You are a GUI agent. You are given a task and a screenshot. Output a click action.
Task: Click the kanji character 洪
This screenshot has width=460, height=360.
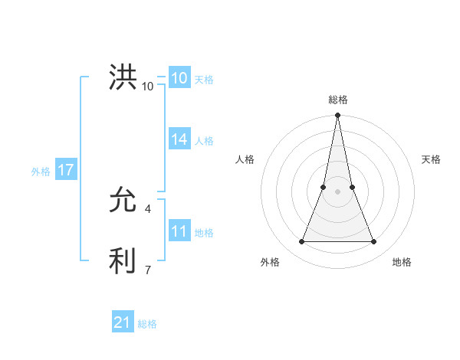123,78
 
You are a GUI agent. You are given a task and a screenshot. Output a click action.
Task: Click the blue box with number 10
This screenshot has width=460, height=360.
179,78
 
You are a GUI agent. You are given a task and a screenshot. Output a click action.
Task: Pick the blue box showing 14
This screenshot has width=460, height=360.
179,139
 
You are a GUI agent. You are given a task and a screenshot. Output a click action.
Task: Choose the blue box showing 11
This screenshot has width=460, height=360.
179,231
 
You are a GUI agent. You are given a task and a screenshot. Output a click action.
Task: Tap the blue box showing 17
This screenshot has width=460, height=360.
66,170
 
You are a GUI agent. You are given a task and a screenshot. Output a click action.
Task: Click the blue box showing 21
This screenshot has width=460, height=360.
123,323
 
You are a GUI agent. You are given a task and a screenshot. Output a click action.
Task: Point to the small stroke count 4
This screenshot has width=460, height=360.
147,208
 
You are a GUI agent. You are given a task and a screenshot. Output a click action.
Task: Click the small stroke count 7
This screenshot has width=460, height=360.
147,270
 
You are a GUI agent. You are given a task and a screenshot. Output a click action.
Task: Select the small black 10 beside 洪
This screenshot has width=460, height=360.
147,86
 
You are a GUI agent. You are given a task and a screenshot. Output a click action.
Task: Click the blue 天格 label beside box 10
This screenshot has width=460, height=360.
204,80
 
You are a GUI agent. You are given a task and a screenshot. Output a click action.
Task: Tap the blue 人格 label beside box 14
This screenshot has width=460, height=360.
204,141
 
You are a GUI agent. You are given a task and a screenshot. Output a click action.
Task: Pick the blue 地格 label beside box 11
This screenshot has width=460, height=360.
204,233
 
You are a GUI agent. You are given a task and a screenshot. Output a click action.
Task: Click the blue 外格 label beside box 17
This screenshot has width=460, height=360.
41,172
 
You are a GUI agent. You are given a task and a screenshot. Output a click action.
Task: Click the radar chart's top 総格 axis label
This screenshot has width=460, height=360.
337,100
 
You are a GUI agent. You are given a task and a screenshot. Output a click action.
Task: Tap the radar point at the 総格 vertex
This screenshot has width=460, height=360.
337,116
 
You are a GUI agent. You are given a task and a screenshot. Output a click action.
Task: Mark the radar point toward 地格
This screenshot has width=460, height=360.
374,242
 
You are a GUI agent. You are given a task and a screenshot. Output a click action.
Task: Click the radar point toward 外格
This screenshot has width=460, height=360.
301,242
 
